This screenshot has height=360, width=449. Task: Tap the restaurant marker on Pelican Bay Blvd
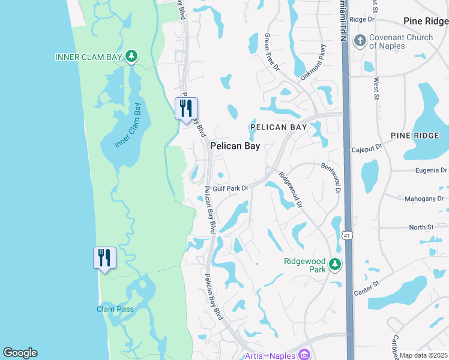pyautogui.click(x=186, y=109)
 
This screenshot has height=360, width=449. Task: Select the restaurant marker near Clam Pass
pyautogui.click(x=104, y=258)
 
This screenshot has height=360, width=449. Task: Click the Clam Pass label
pyautogui.click(x=115, y=309)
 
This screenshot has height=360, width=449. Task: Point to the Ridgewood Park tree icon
pyautogui.click(x=335, y=264)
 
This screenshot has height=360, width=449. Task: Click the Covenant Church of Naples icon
pyautogui.click(x=360, y=41)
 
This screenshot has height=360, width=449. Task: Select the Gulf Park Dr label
pyautogui.click(x=230, y=188)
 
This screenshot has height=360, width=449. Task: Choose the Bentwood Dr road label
pyautogui.click(x=331, y=178)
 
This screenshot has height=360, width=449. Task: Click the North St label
pyautogui.click(x=421, y=227)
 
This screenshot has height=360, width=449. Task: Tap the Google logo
pyautogui.click(x=20, y=353)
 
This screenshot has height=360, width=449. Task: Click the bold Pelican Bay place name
pyautogui.click(x=235, y=146)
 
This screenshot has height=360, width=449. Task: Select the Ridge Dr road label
pyautogui.click(x=362, y=19)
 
